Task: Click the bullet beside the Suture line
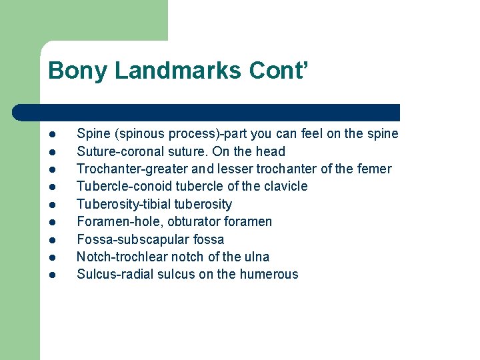[x=52, y=151]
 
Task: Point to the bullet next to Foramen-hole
[x=52, y=222]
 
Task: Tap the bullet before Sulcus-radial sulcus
[x=52, y=275]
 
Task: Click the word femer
[x=374, y=169]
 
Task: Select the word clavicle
[x=285, y=186]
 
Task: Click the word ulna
[x=257, y=257]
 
